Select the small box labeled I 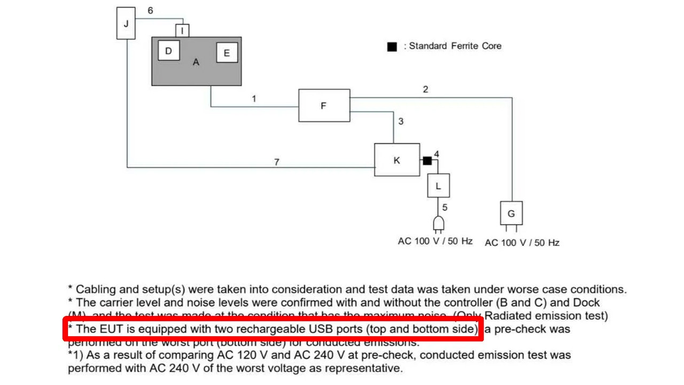(x=182, y=31)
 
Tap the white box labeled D (x=169, y=51)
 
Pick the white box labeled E (x=227, y=53)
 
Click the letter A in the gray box (x=196, y=63)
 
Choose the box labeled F (x=323, y=106)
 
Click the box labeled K (x=397, y=160)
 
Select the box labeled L (x=438, y=186)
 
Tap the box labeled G (x=511, y=213)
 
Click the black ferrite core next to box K (x=427, y=160)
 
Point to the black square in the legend (x=392, y=47)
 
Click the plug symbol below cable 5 (x=438, y=224)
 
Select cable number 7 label (x=276, y=162)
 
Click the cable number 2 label (x=425, y=89)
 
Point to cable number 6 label (x=150, y=11)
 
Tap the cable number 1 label (x=254, y=99)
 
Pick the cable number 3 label (x=401, y=122)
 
